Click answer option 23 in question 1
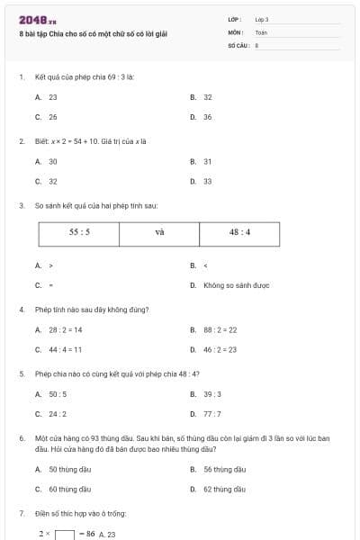(53, 96)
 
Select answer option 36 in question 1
(207, 117)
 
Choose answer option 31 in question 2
(207, 161)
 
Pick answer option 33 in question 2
(207, 181)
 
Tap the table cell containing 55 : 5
(79, 231)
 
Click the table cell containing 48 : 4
(239, 231)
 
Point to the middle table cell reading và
(160, 231)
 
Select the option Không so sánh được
(236, 285)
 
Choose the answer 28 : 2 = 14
(65, 329)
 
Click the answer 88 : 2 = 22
(220, 329)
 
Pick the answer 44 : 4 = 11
(65, 349)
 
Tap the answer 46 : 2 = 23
(220, 349)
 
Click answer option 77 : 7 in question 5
(212, 414)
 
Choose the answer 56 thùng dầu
(224, 469)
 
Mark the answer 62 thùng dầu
(224, 489)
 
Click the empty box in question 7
(64, 534)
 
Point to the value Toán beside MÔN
(261, 32)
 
